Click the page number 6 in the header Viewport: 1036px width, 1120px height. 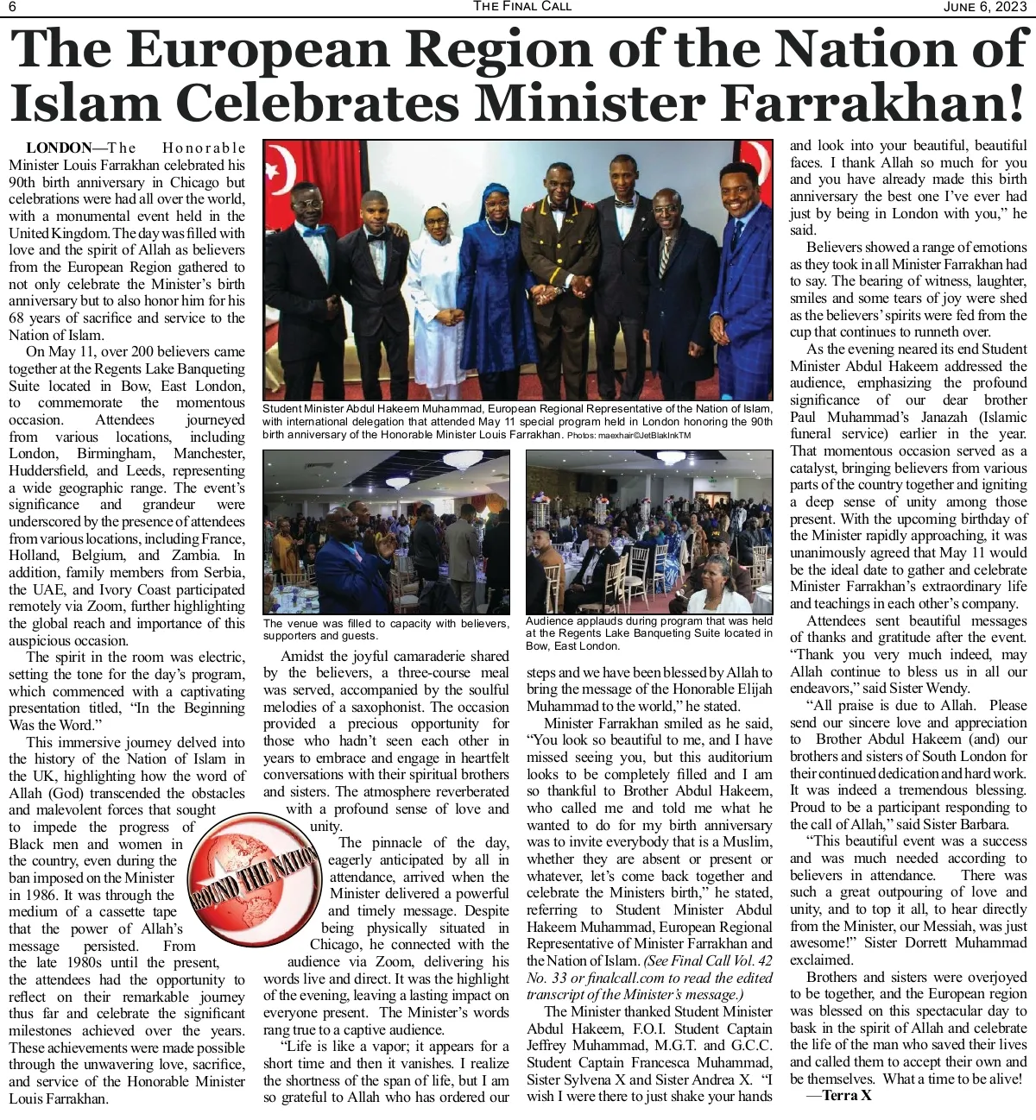(13, 7)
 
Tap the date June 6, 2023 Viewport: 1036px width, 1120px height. (986, 7)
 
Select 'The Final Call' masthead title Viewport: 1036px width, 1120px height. (521, 6)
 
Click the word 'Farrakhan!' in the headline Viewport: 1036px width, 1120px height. (872, 103)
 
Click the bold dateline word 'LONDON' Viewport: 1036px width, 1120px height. (59, 148)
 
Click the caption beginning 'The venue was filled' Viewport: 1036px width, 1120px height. (385, 629)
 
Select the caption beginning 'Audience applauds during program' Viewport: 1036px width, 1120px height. (648, 632)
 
